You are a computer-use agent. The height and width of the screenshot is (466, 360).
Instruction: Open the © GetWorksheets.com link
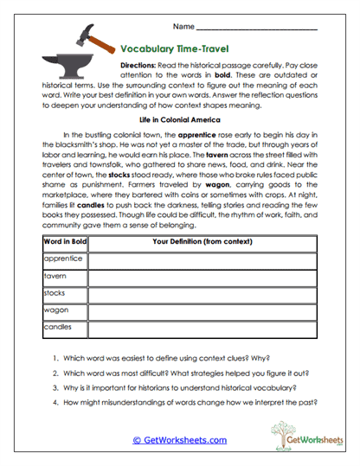coord(179,440)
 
